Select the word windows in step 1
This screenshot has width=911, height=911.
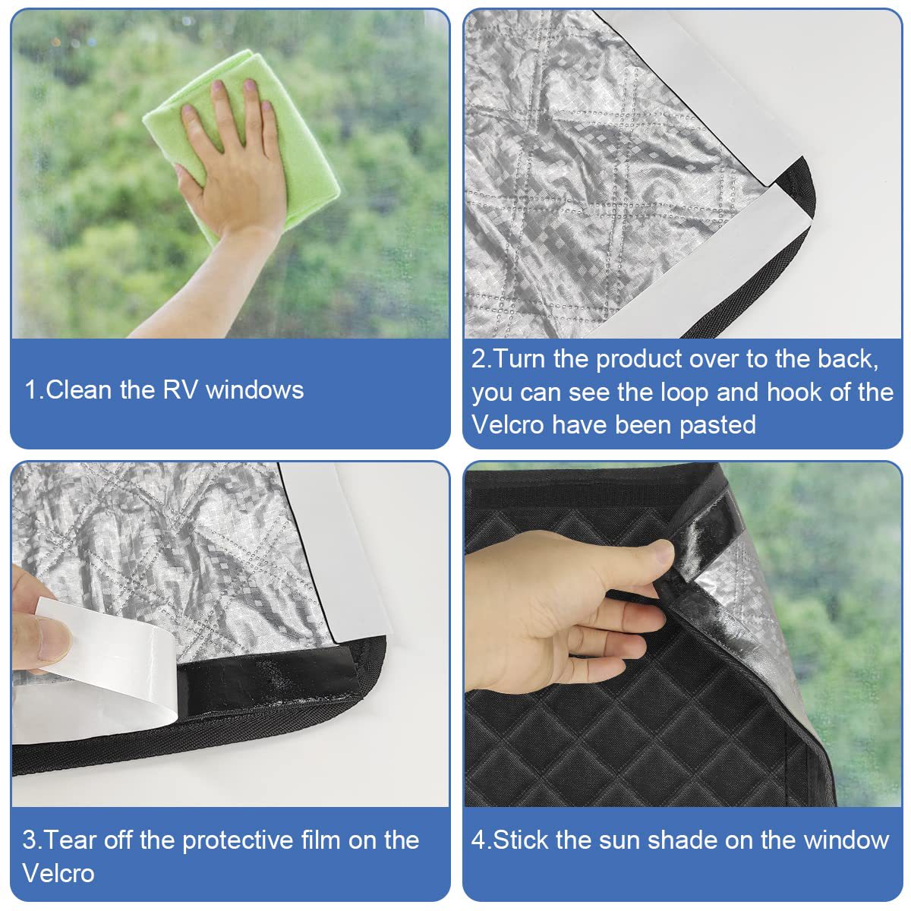(255, 390)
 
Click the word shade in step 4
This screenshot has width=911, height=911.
(682, 840)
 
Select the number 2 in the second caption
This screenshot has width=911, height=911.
(478, 359)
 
